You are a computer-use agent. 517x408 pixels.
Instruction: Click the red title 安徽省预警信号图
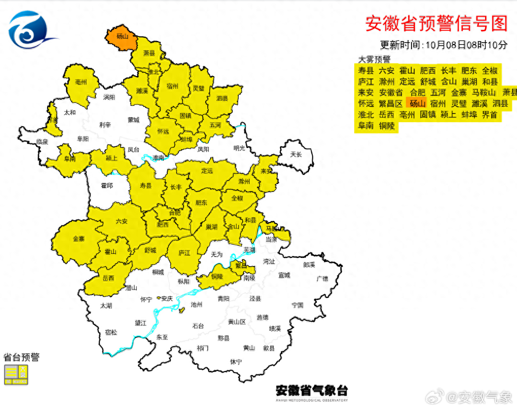pyautogui.click(x=436, y=23)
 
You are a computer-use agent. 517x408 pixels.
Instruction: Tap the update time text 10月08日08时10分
pyautogui.click(x=466, y=45)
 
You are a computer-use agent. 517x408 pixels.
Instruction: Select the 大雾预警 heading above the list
pyautogui.click(x=375, y=59)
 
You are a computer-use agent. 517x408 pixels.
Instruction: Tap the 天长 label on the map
pyautogui.click(x=296, y=154)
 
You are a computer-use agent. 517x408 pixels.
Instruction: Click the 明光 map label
pyautogui.click(x=239, y=148)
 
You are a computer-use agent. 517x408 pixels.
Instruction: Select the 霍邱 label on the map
pyautogui.click(x=107, y=186)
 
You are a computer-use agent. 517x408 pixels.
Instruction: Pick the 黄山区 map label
pyautogui.click(x=236, y=322)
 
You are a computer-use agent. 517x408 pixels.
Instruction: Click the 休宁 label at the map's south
pyautogui.click(x=236, y=361)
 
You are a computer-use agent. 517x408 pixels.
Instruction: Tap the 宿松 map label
pyautogui.click(x=110, y=332)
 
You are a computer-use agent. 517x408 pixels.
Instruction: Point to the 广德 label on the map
pyautogui.click(x=322, y=278)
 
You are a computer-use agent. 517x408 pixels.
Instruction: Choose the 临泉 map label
pyautogui.click(x=42, y=142)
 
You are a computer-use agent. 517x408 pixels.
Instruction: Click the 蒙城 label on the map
pyautogui.click(x=133, y=120)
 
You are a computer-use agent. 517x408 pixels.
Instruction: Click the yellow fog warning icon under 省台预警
pyautogui.click(x=16, y=375)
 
